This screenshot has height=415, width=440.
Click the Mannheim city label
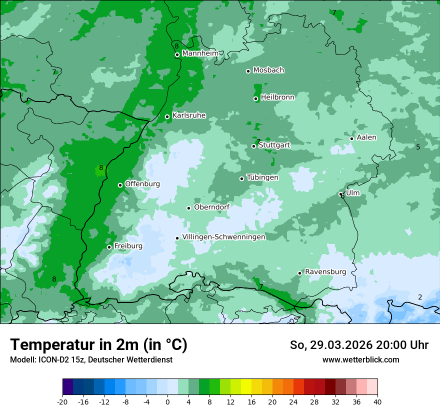(x=199, y=53)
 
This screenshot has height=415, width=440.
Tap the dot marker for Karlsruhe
(x=167, y=117)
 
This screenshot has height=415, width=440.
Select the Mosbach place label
(x=268, y=70)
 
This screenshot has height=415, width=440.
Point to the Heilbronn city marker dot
(x=256, y=98)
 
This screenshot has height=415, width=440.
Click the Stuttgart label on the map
(x=274, y=145)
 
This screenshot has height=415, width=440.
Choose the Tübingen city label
(x=262, y=177)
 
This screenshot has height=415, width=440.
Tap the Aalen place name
(x=366, y=137)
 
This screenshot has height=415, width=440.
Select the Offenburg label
(x=142, y=184)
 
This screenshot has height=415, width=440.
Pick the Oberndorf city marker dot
(x=189, y=208)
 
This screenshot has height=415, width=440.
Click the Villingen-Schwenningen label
(x=223, y=237)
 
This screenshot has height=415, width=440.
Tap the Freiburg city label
(x=128, y=246)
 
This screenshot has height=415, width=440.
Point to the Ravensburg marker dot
(x=300, y=273)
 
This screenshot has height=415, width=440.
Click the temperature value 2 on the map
(x=420, y=297)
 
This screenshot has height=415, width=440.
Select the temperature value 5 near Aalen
(x=418, y=147)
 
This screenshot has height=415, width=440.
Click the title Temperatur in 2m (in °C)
(x=98, y=345)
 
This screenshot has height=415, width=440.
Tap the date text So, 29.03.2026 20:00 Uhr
(x=359, y=345)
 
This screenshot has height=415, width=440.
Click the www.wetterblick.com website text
(x=360, y=360)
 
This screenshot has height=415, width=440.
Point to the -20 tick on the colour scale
(x=62, y=402)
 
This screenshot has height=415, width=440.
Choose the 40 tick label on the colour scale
(x=377, y=402)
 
